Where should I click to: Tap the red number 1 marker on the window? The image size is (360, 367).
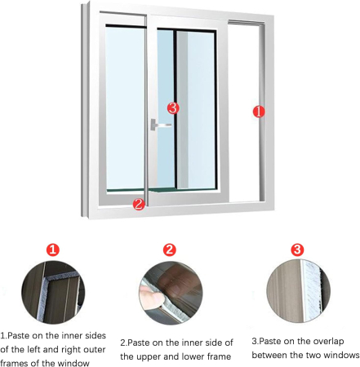click(x=259, y=112)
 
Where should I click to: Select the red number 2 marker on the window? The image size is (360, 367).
click(x=139, y=204)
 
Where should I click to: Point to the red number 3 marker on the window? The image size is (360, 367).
click(x=173, y=108)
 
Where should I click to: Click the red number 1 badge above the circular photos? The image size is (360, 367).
click(x=53, y=250)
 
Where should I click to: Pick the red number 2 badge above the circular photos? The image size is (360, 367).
click(x=170, y=250)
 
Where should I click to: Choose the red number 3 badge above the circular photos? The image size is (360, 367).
click(x=297, y=250)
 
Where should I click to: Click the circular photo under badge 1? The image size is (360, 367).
click(x=53, y=292)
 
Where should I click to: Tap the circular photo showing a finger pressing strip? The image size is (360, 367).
click(x=171, y=293)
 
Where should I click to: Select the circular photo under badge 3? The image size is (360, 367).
click(x=299, y=291)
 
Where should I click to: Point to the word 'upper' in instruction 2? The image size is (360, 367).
click(x=149, y=357)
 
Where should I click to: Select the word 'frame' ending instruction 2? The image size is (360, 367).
click(x=219, y=356)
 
